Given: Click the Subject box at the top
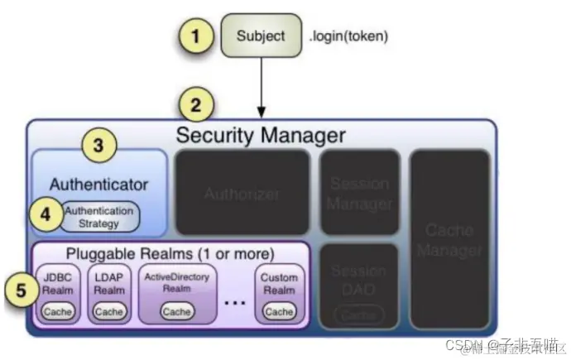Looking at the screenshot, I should (261, 36).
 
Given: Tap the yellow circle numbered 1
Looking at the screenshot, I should (196, 36).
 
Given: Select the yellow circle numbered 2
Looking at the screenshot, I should (196, 105).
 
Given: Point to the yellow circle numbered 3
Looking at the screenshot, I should (98, 146).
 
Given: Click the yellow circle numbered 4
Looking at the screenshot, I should (46, 214).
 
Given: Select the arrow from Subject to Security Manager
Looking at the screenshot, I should (261, 87).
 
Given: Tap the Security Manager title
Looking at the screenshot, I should (261, 134).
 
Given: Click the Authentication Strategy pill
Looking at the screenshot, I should (99, 217).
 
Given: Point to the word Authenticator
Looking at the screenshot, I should (98, 184).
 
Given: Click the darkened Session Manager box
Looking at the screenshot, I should (359, 194).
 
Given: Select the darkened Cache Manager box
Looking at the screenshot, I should (449, 238).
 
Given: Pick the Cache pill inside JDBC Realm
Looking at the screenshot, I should (58, 312).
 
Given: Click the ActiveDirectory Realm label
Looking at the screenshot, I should (176, 282).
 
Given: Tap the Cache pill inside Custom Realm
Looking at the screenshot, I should (279, 312).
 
